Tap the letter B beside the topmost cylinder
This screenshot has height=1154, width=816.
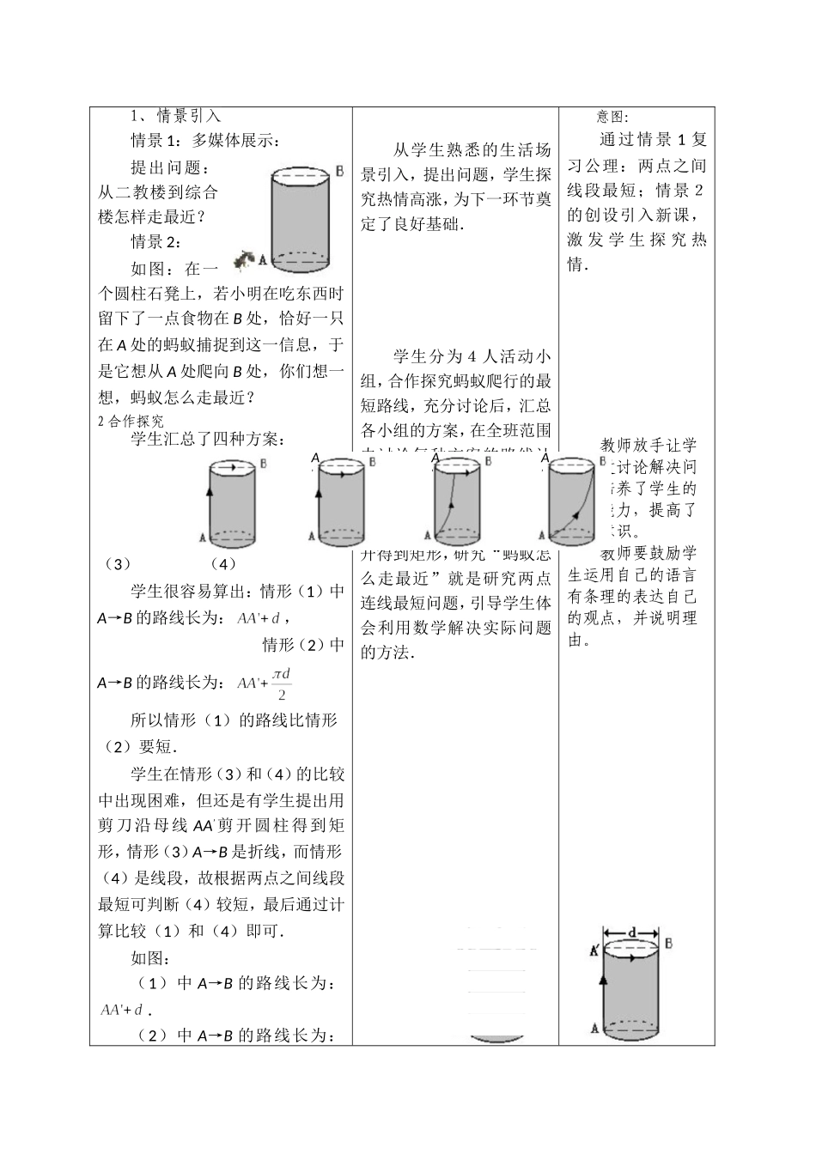pos(340,171)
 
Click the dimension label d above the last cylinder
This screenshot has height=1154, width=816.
pos(632,932)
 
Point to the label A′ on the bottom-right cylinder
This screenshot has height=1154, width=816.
pos(594,951)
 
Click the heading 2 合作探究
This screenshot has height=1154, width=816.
pos(131,421)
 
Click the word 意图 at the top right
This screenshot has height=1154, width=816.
pos(613,117)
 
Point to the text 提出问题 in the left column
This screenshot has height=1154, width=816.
pos(169,167)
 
